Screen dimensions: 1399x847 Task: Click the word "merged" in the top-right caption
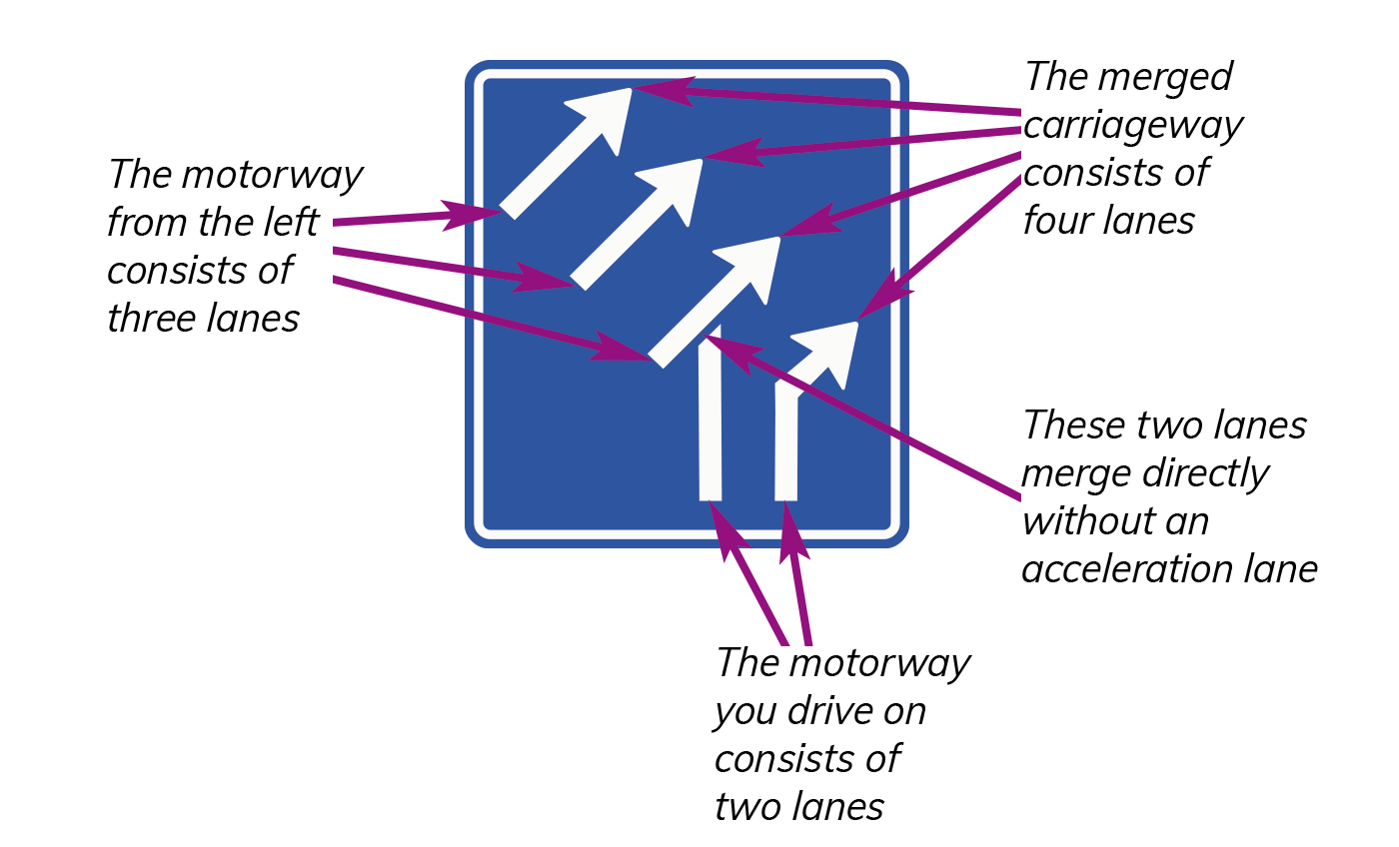[1165, 78]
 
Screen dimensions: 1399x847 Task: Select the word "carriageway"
[1133, 127]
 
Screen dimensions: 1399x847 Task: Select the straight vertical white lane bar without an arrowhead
[710, 414]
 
